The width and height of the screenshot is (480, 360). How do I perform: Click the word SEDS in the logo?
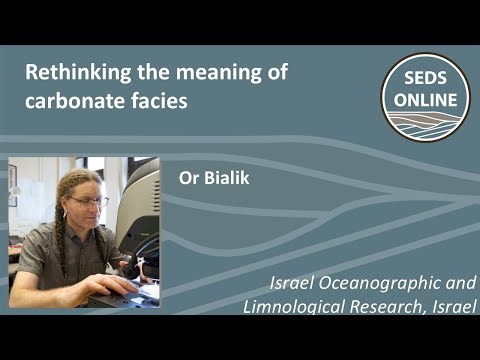(426, 80)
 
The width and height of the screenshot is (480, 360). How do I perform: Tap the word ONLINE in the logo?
(426, 99)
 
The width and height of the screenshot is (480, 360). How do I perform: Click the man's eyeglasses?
(89, 202)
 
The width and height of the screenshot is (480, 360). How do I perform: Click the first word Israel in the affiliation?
(305, 283)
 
